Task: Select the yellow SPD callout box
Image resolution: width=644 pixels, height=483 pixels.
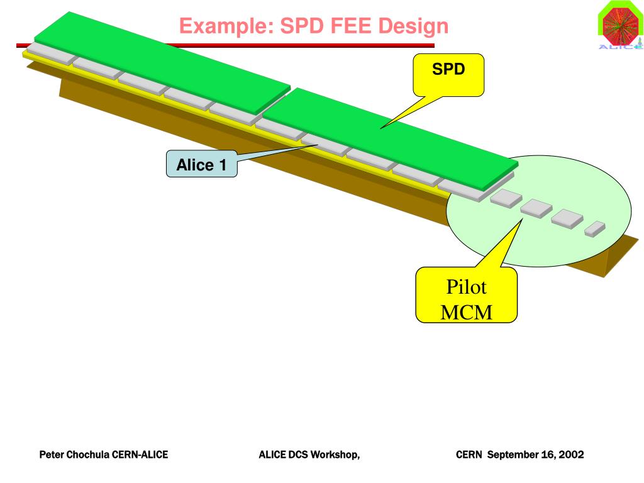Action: click(448, 73)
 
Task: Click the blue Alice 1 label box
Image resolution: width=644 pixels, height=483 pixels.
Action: click(201, 165)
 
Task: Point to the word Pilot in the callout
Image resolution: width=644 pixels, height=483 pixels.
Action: click(466, 288)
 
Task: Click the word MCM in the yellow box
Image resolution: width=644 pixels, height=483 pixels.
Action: click(466, 311)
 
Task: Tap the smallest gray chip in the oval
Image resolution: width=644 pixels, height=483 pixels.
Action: click(594, 229)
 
